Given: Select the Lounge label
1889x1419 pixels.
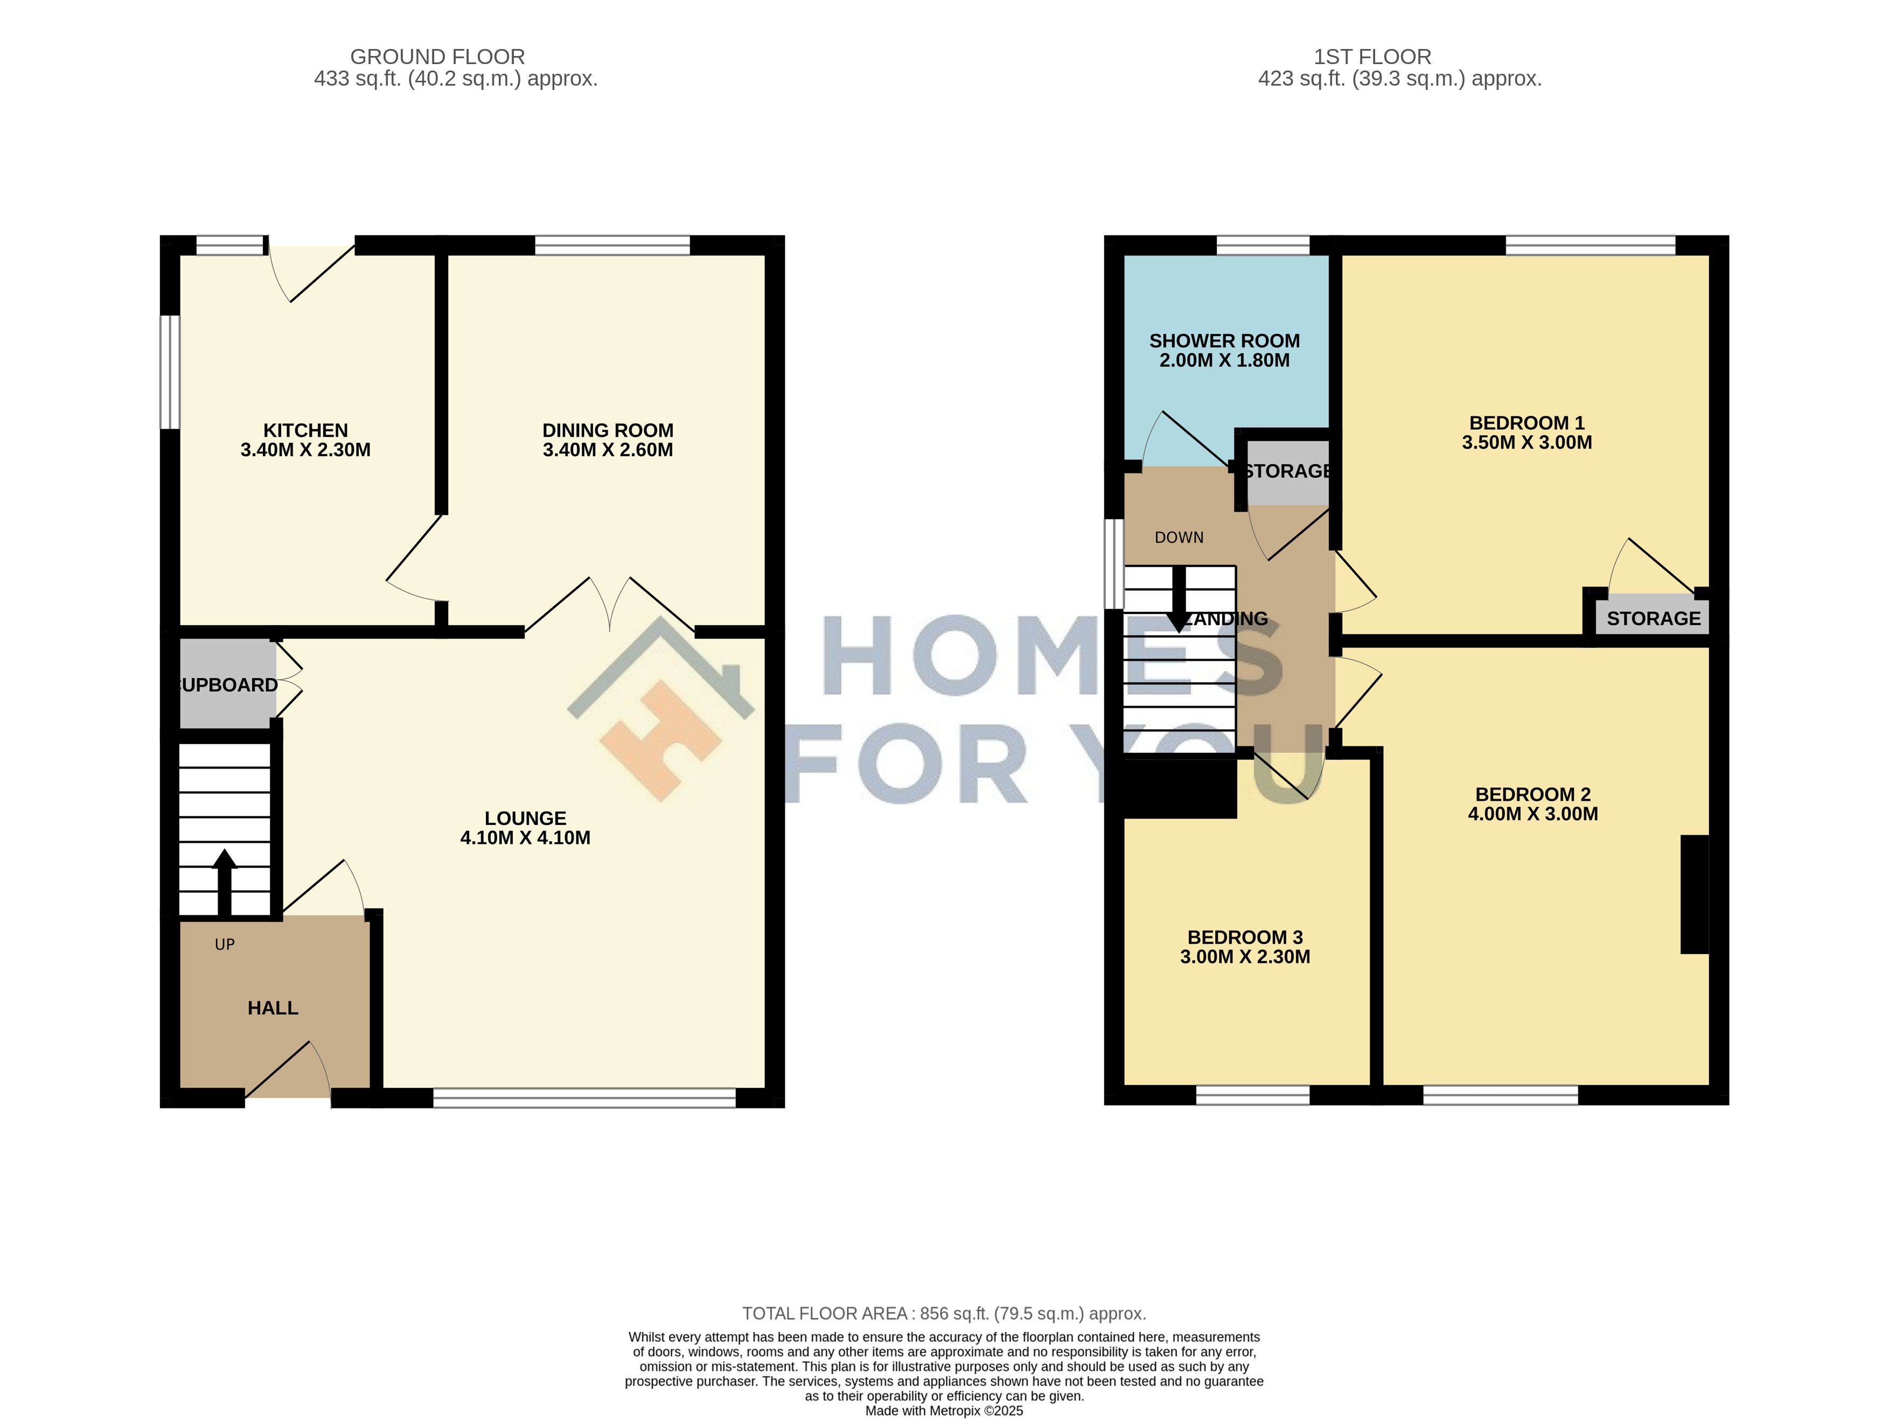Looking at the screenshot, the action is click(x=525, y=818).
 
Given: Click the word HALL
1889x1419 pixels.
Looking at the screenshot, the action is click(x=273, y=1008).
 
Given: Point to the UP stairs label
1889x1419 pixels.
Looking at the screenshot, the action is click(x=225, y=944).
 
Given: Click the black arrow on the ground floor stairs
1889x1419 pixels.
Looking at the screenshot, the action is click(x=225, y=882).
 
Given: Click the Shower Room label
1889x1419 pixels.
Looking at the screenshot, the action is click(x=1225, y=341).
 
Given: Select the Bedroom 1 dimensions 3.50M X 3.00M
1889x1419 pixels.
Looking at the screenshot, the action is click(x=1527, y=442).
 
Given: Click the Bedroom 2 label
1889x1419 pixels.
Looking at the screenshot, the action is click(x=1533, y=794).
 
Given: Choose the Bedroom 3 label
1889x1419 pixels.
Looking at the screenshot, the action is click(x=1245, y=938).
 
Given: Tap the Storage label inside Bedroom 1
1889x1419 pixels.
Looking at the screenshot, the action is click(x=1653, y=618).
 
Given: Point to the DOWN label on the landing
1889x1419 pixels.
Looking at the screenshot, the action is click(x=1179, y=537).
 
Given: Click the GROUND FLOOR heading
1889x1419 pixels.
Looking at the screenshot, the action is click(x=437, y=57).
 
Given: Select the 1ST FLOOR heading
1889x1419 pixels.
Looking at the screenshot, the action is click(x=1372, y=57).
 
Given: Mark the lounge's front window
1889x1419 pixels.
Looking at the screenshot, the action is click(x=584, y=1097).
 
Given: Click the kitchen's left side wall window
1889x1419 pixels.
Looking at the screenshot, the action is click(x=171, y=372).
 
